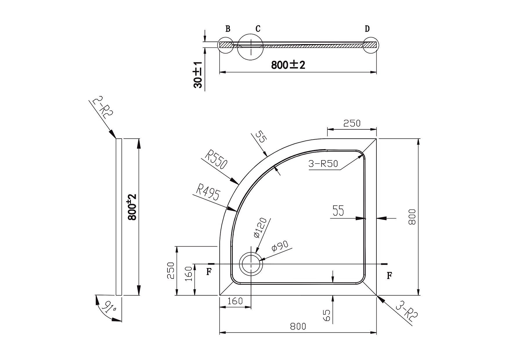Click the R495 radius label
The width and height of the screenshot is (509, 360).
(x=208, y=191)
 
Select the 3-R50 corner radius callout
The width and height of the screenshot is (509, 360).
(x=323, y=164)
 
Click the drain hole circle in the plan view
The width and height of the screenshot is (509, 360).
(x=251, y=264)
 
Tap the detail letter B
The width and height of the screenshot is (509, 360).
(x=228, y=29)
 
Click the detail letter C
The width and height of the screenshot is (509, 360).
(x=258, y=29)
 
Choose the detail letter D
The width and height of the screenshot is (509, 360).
(x=367, y=29)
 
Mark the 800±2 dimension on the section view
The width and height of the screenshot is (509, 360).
(x=288, y=65)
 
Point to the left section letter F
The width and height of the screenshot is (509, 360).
(x=208, y=272)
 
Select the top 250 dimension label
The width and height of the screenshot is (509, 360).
(x=352, y=123)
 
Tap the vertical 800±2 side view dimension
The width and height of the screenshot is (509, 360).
(x=132, y=207)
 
